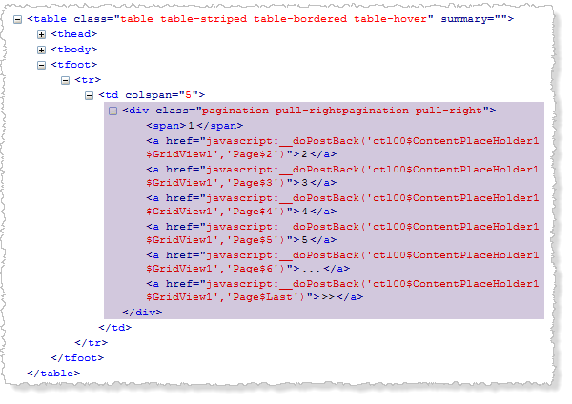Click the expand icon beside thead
pos(42,35)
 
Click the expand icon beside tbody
pos(42,50)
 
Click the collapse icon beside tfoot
pos(42,65)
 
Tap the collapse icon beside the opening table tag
pos(18,19)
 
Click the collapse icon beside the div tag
pos(113,111)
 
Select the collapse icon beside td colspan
pos(90,95)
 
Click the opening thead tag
pos(73,35)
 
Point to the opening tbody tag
pos(73,50)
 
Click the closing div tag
pos(141,312)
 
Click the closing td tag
pos(115,327)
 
